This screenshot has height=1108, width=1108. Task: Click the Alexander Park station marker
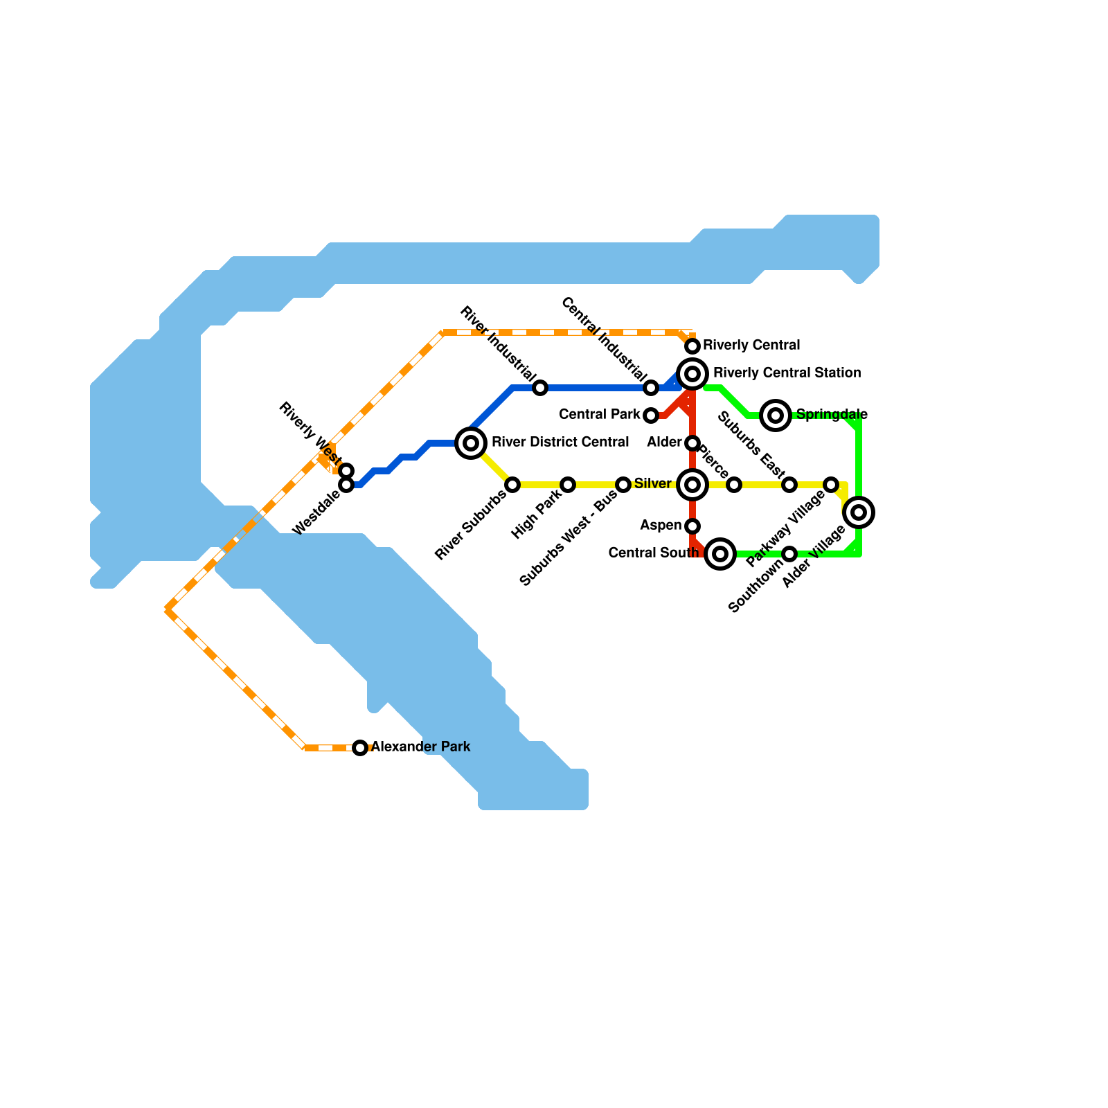coord(360,748)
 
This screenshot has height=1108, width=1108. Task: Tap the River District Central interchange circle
coord(471,443)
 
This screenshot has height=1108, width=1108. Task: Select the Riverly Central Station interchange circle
coord(692,374)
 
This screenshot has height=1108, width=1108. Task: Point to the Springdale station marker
coord(776,415)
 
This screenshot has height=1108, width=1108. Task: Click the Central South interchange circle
coord(720,554)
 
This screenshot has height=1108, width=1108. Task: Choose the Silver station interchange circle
coord(692,485)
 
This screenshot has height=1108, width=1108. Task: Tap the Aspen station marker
coord(692,526)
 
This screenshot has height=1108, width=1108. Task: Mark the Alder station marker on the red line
coord(692,443)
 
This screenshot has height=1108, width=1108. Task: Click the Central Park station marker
coord(651,415)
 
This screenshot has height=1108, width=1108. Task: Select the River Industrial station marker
coord(540,388)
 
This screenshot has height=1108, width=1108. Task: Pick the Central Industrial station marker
coord(651,388)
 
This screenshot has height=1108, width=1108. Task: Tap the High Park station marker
coord(568,485)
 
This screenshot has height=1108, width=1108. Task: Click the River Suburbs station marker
coord(512,485)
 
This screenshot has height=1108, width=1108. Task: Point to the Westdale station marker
coord(346,485)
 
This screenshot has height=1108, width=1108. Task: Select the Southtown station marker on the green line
coord(789,554)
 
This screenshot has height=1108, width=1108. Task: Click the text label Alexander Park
coord(421,747)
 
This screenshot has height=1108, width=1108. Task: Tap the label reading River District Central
coord(560,443)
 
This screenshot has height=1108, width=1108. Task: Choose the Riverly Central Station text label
coord(787,373)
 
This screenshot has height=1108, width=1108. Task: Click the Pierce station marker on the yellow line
coord(734,485)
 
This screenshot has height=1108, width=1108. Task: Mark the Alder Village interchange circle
coord(859,512)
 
